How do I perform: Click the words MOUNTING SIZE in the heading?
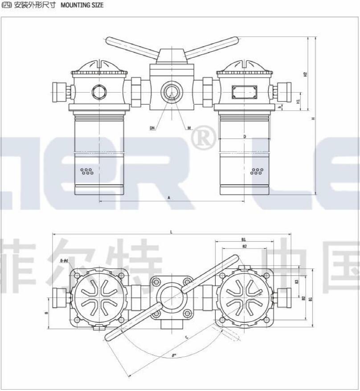82,5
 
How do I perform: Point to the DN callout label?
152,128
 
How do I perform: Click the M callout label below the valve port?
189,128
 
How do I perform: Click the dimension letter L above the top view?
171,231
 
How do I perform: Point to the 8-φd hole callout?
64,261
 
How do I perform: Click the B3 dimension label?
297,282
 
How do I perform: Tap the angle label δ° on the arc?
174,355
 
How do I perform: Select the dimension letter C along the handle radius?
186,337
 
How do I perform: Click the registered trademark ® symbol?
203,139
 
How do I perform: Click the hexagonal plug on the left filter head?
99,93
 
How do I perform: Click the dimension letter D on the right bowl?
245,136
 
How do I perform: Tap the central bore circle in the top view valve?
171,295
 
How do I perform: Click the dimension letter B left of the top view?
47,314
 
